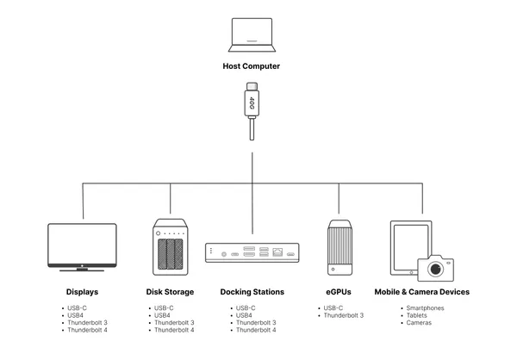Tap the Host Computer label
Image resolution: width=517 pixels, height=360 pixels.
tap(252, 65)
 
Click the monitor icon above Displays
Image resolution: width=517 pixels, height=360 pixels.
tap(82, 245)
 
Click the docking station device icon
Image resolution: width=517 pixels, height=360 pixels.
tap(252, 252)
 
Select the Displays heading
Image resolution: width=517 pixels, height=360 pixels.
tap(82, 292)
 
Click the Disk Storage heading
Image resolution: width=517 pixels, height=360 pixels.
tap(169, 292)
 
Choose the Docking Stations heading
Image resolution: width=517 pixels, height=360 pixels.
tap(252, 292)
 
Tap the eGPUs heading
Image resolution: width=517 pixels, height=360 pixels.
tap(339, 292)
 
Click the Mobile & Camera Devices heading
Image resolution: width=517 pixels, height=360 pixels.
tap(422, 292)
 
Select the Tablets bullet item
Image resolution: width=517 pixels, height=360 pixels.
tap(416, 315)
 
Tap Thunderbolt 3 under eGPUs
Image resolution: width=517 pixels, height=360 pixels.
tap(344, 315)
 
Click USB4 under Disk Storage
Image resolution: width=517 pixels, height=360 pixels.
tap(163, 315)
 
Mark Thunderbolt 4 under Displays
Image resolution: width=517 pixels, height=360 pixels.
tap(88, 331)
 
